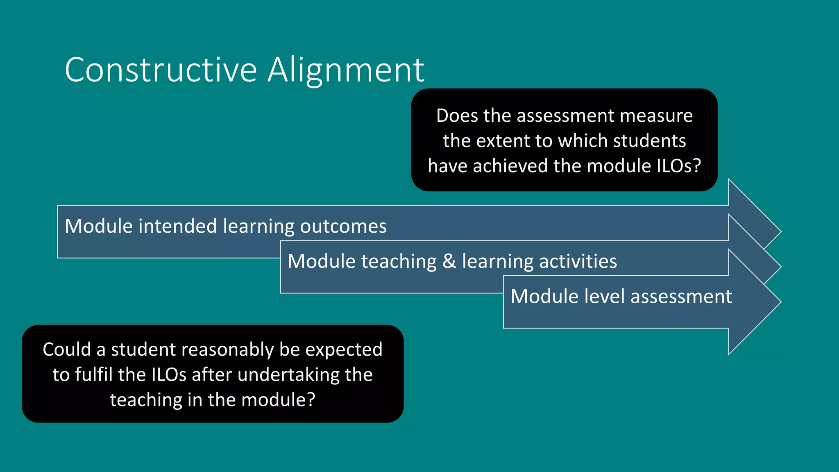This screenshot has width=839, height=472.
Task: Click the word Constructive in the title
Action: pos(161,70)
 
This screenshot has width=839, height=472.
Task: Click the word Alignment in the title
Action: pos(346,70)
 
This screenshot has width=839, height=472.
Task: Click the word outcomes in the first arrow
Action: pos(343,226)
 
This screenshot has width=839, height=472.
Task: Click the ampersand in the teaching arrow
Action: pos(449,261)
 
